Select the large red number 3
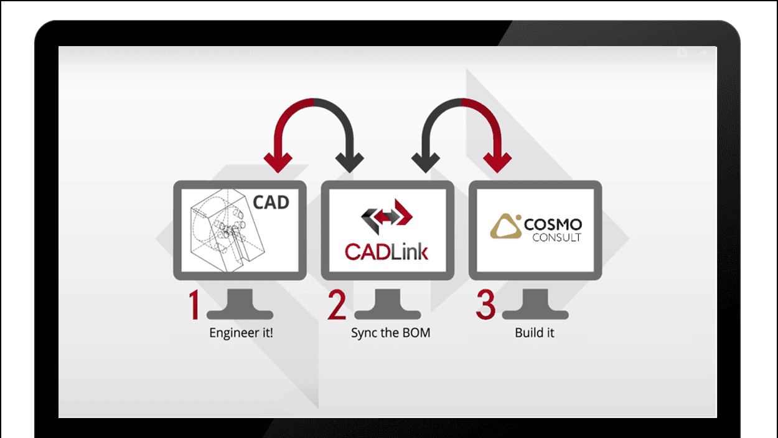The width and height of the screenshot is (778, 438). [x=486, y=304]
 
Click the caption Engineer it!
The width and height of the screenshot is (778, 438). [x=241, y=333]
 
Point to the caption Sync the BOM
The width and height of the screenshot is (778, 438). [x=390, y=333]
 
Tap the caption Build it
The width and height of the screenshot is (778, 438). [x=534, y=333]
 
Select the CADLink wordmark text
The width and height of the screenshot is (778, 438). [x=387, y=252]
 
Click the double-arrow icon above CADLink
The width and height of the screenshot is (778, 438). [x=387, y=216]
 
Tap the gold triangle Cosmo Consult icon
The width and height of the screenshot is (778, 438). [x=505, y=227]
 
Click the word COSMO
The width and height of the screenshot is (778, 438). [x=553, y=224]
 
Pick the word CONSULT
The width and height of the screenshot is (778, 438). [x=557, y=237]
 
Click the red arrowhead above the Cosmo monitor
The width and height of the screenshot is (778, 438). [x=498, y=163]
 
